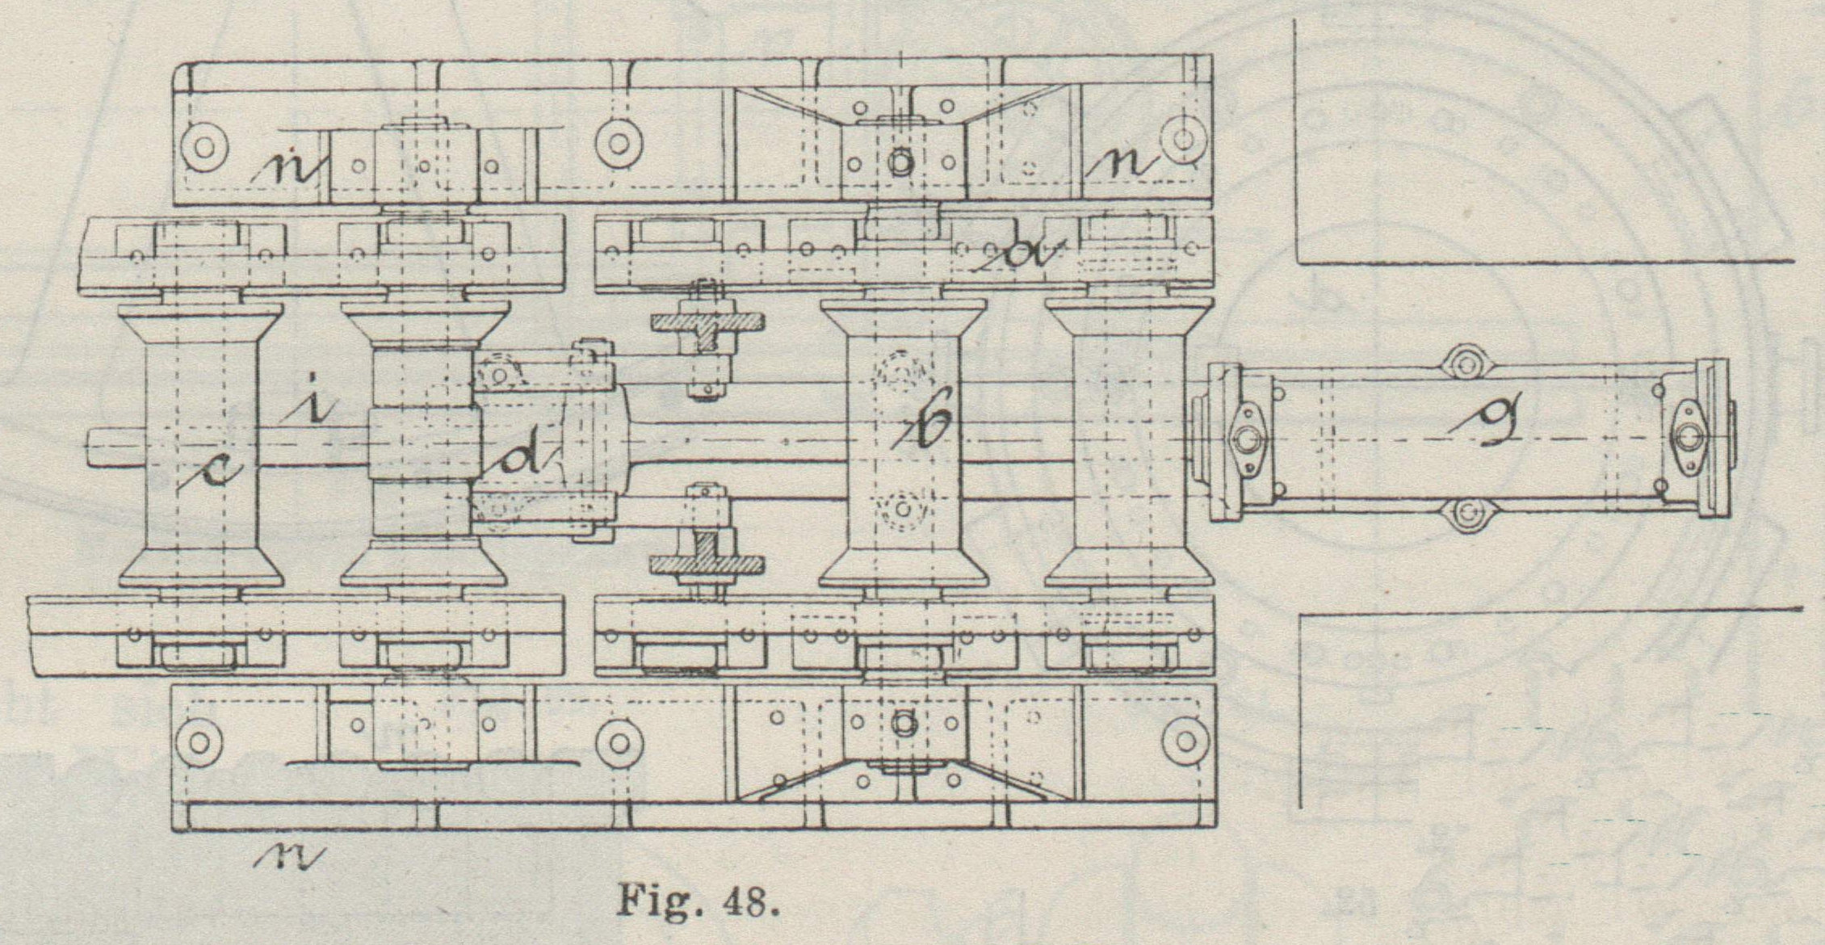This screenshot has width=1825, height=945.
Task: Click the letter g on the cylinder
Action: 1502,419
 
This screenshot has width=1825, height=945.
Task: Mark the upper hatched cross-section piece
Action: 707,321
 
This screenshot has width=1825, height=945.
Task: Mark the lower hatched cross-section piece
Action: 707,562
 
